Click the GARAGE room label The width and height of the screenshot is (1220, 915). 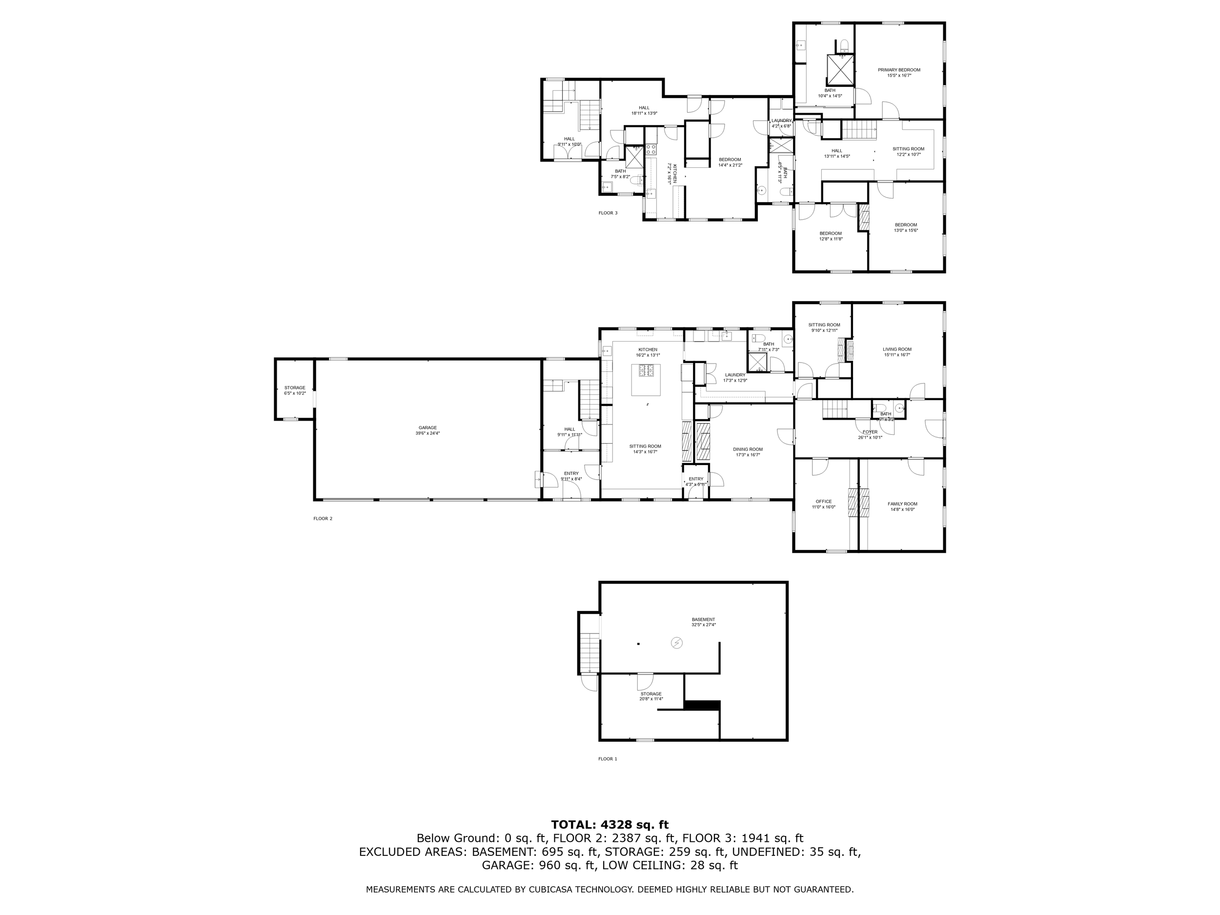click(427, 427)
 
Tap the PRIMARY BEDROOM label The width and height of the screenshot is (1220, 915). click(899, 70)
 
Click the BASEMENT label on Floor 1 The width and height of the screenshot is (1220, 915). click(703, 619)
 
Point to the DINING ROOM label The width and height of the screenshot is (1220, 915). click(748, 449)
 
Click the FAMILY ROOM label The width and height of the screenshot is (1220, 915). click(902, 504)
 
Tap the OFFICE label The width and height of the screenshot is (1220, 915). click(823, 501)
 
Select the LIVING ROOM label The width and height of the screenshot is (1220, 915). click(897, 349)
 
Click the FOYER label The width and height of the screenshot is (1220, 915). click(870, 432)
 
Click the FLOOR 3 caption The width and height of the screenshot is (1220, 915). click(608, 213)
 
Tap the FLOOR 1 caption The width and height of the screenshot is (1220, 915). click(608, 759)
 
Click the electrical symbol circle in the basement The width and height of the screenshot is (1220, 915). click(676, 643)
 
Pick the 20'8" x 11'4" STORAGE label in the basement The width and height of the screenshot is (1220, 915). click(651, 694)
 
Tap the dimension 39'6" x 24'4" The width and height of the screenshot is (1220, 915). click(427, 433)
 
